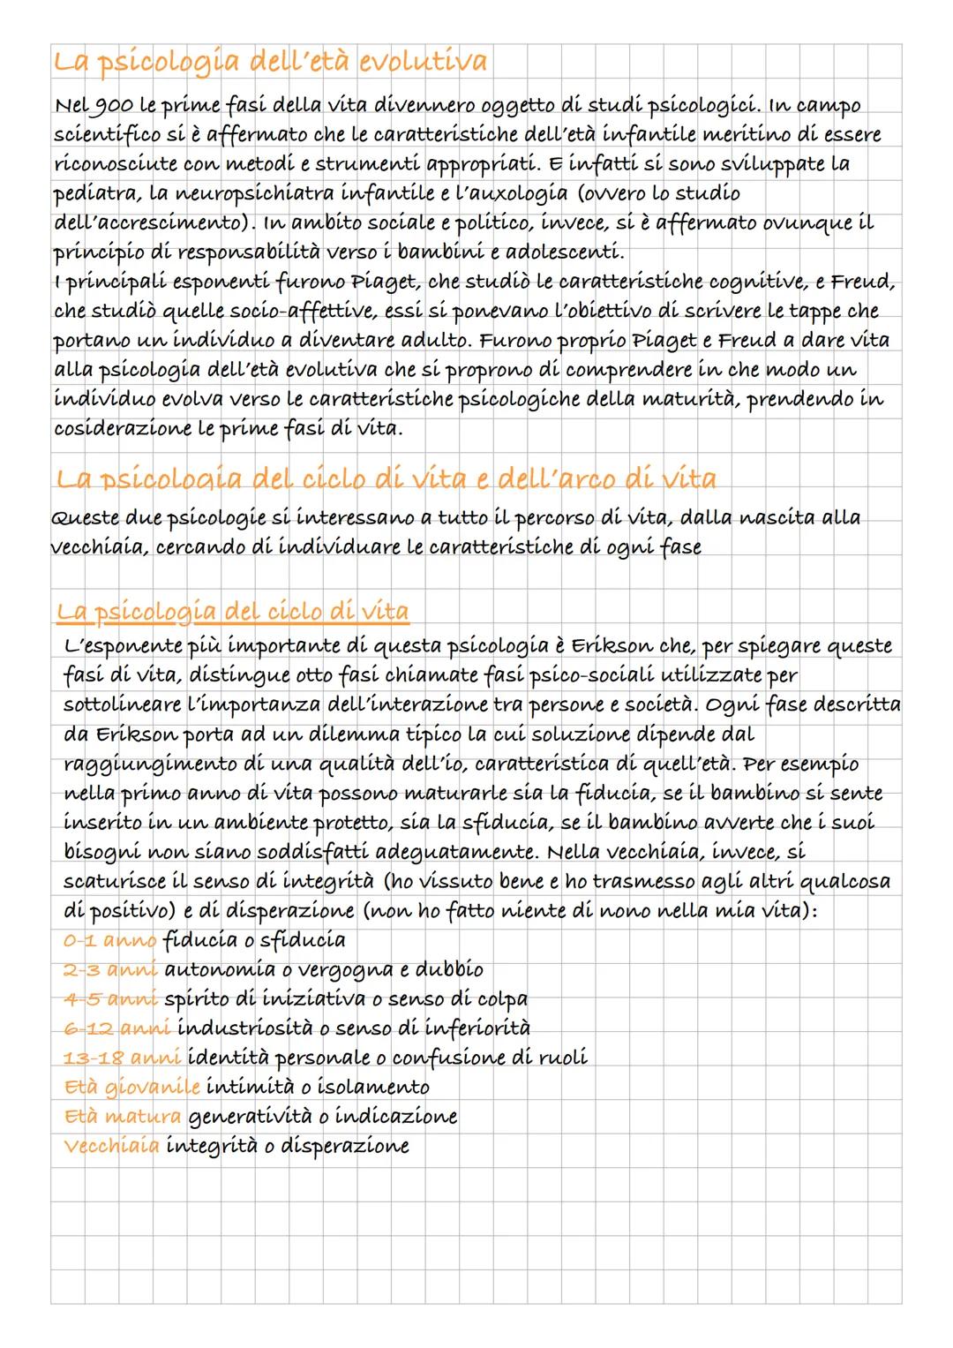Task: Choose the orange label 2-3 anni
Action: pos(110,969)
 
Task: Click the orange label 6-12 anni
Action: pos(116,1028)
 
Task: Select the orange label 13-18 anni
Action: pos(122,1058)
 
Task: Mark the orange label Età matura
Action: pos(123,1117)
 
